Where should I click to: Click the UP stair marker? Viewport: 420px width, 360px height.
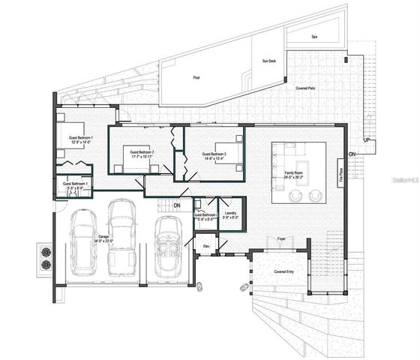366,140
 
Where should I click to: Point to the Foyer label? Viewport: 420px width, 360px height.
280,239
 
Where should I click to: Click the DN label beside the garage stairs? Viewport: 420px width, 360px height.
177,205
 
